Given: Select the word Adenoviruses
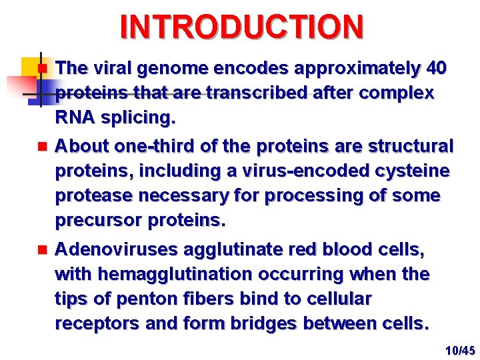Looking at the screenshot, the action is [x=113, y=249].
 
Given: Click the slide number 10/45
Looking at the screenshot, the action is [x=460, y=350].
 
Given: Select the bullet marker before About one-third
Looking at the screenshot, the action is [x=41, y=145].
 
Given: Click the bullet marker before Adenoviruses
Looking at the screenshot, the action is [x=41, y=250].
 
